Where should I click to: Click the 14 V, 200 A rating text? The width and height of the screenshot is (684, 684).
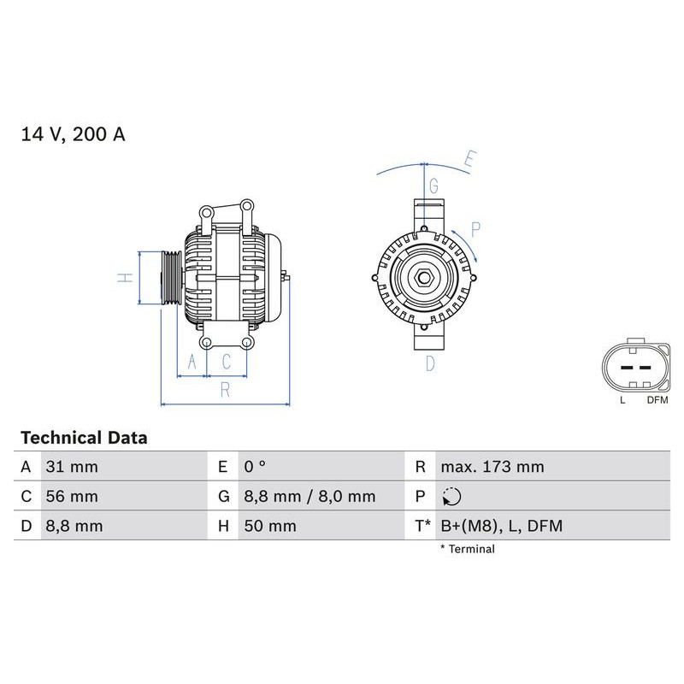coord(73,135)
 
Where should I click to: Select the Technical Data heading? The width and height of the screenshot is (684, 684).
coord(84,438)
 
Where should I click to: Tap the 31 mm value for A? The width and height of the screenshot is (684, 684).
coord(71,467)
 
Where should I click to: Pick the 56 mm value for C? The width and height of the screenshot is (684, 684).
coord(71,496)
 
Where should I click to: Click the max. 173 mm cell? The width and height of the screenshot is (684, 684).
coord(492,467)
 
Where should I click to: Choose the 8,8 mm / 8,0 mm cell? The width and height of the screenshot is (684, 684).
coord(309,496)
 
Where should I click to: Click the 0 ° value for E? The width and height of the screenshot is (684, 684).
coord(255,467)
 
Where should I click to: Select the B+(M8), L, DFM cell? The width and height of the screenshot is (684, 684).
coord(501,526)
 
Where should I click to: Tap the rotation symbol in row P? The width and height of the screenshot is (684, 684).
coord(452,497)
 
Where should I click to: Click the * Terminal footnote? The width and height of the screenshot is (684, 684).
coord(467,549)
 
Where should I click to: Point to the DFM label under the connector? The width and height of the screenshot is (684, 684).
coord(657,400)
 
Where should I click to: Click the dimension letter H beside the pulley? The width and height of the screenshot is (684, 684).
coord(125,278)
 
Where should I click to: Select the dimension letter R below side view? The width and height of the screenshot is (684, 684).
coord(225,390)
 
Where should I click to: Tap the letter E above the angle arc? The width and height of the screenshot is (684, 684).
coord(469,159)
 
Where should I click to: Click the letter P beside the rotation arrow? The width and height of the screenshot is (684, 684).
coord(475,228)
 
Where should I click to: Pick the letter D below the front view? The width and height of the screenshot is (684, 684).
coord(430,363)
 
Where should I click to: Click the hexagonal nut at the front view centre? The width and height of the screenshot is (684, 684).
coord(424,277)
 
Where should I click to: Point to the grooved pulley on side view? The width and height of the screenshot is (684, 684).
coord(169,278)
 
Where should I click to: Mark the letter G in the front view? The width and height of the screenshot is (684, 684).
coord(433,186)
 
